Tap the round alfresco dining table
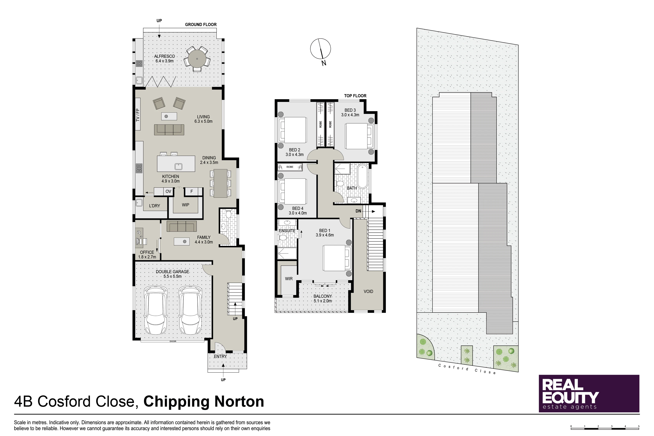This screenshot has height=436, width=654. (x=197, y=59)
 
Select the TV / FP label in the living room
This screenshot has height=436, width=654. (x=138, y=115)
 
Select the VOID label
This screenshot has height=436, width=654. (x=368, y=291)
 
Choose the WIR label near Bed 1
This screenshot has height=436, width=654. (x=289, y=279)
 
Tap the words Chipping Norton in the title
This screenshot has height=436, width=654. (x=204, y=401)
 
